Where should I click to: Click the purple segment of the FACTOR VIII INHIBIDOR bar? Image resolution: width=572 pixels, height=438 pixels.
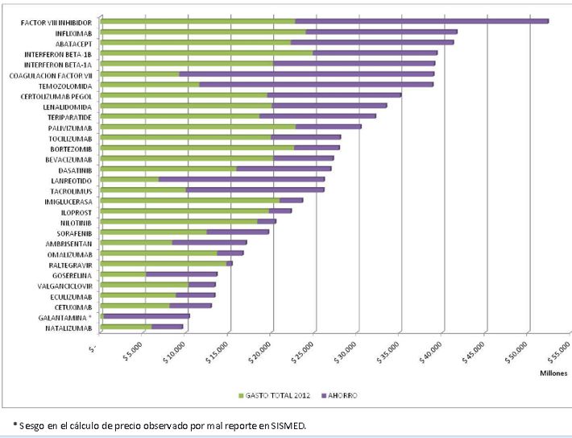pos(421,21)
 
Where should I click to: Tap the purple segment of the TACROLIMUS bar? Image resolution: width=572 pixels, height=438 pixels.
pos(255,190)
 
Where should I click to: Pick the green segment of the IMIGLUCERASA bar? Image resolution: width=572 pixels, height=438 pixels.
pos(190,200)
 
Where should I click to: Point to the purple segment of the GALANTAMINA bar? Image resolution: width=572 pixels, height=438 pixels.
pos(147,316)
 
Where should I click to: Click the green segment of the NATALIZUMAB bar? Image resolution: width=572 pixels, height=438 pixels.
pos(126,327)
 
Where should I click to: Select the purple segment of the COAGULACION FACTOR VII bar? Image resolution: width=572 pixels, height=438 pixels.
pos(306,74)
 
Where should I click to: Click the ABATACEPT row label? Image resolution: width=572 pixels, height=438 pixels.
pos(73,43)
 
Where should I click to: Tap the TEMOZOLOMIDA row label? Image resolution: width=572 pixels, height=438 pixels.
pos(65,86)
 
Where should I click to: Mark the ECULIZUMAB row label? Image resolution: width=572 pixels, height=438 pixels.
pos(71,296)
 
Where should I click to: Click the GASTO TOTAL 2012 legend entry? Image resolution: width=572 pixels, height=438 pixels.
pos(274,395)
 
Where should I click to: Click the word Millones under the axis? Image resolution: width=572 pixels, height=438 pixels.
pos(553,373)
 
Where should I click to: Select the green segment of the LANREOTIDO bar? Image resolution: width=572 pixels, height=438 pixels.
pos(130,180)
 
